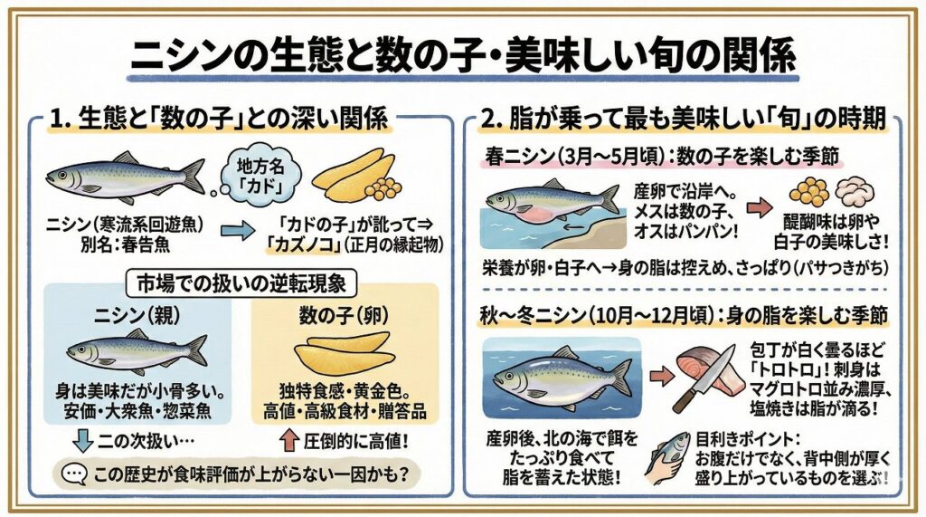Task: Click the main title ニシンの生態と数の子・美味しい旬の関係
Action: pos(464,57)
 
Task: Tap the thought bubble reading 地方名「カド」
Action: pos(260,175)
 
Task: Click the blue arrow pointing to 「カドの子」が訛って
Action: pos(238,231)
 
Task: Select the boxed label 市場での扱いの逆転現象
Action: pos(241,284)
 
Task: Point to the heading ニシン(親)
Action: pos(137,317)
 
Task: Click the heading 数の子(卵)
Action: pos(345,317)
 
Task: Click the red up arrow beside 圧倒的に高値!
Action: pos(288,441)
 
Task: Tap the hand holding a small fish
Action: pos(667,458)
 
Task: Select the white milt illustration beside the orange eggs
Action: pos(855,192)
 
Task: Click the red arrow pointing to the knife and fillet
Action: pos(661,375)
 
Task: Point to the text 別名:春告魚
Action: pos(125,244)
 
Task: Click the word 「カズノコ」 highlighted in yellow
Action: pos(302,244)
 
